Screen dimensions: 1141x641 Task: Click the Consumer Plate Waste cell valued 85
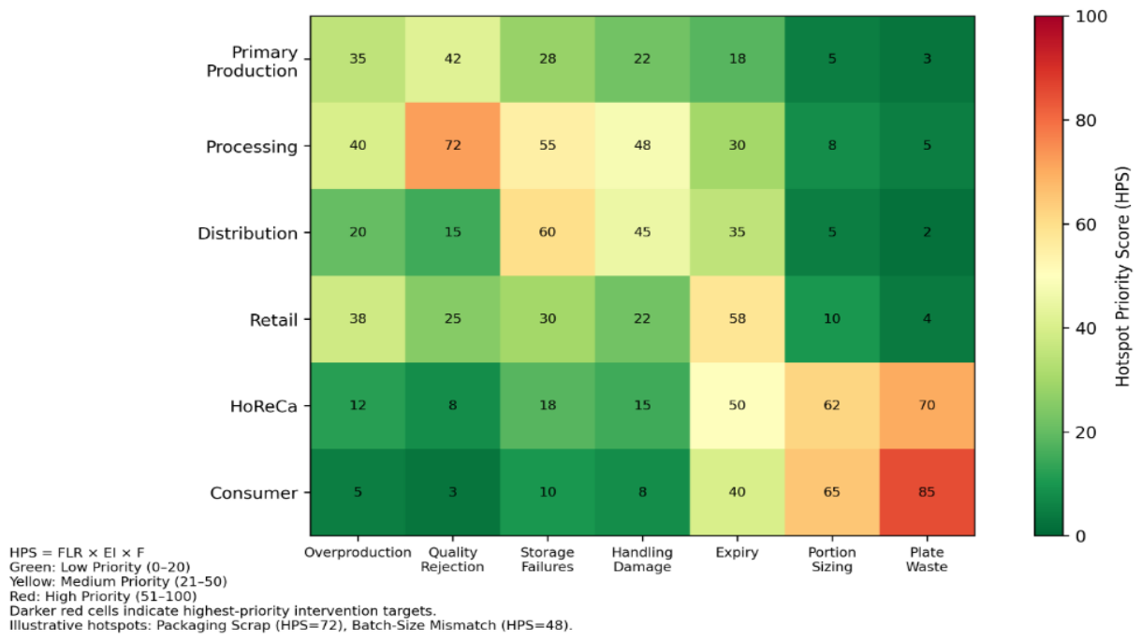(x=927, y=492)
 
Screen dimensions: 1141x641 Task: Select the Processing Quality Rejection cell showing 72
(x=452, y=146)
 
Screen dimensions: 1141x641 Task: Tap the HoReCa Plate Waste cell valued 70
(x=927, y=405)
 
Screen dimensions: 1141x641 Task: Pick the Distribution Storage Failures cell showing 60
(x=547, y=232)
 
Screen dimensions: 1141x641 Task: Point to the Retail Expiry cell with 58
(x=737, y=319)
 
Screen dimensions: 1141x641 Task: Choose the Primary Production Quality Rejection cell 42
(x=452, y=59)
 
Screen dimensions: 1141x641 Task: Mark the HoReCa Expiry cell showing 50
(x=737, y=405)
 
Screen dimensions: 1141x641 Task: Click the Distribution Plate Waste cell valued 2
(x=927, y=232)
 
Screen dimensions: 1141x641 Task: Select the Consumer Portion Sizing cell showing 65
(x=832, y=492)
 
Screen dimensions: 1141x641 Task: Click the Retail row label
(x=273, y=320)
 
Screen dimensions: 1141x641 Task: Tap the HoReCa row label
(x=263, y=406)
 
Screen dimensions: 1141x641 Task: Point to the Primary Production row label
(x=252, y=62)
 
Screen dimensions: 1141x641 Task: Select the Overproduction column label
(x=358, y=552)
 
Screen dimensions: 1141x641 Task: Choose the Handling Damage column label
(x=642, y=560)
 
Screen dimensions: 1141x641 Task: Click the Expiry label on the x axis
(x=737, y=553)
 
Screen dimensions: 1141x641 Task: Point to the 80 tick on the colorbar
(x=1086, y=121)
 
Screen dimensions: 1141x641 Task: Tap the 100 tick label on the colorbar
(x=1091, y=17)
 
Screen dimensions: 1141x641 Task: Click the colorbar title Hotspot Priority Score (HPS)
(x=1122, y=276)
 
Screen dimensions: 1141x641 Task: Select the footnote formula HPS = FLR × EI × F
(x=77, y=553)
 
